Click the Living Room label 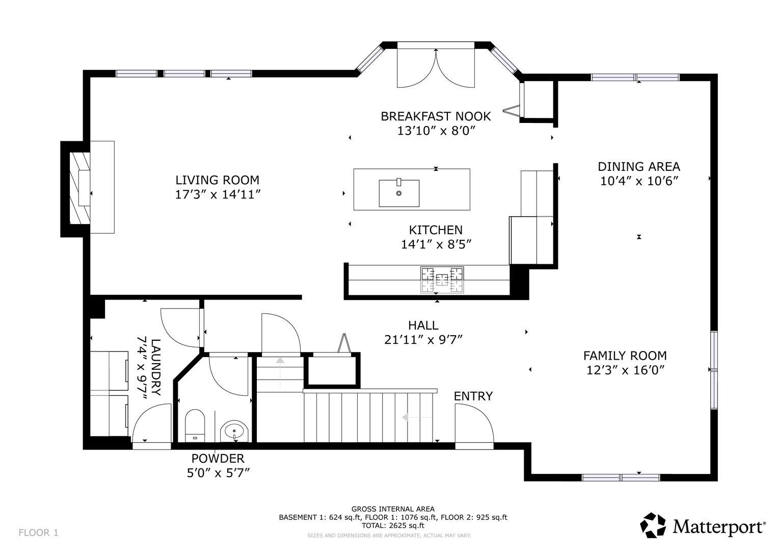pyautogui.click(x=218, y=180)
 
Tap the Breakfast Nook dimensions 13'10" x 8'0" pyautogui.click(x=436, y=131)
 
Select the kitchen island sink pyautogui.click(x=399, y=193)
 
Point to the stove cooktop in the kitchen pyautogui.click(x=442, y=280)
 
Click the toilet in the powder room pyautogui.click(x=195, y=425)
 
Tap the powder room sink pyautogui.click(x=234, y=431)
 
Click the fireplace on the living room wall pyautogui.click(x=80, y=189)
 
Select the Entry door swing pyautogui.click(x=474, y=425)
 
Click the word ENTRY pyautogui.click(x=473, y=396)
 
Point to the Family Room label pyautogui.click(x=625, y=356)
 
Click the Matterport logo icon pyautogui.click(x=653, y=525)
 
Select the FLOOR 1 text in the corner pyautogui.click(x=39, y=533)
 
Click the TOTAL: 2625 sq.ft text pyautogui.click(x=393, y=525)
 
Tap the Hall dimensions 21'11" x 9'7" pyautogui.click(x=423, y=339)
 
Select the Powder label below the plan pyautogui.click(x=218, y=459)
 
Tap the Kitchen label pyautogui.click(x=436, y=230)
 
